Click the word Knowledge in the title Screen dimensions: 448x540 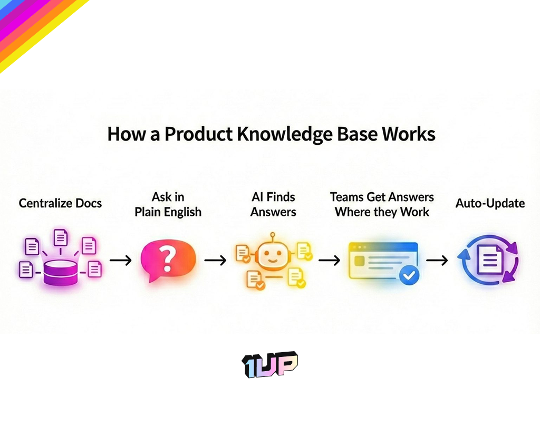pos(281,134)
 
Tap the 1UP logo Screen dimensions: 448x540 pos(270,364)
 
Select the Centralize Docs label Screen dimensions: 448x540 pos(60,203)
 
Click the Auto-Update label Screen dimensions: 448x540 pos(490,203)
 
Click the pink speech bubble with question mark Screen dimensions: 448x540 pos(168,260)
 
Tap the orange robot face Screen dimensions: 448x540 pos(272,255)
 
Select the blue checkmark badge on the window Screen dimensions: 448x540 pos(409,274)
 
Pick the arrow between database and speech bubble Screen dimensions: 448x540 pos(120,260)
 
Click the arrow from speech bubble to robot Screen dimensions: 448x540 pos(215,260)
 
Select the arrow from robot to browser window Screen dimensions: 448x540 pos(329,260)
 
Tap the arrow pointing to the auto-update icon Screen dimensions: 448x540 pos(437,260)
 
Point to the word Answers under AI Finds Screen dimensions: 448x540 pos(273,212)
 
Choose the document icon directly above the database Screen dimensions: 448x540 pos(61,237)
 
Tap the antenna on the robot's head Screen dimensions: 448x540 pos(272,235)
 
